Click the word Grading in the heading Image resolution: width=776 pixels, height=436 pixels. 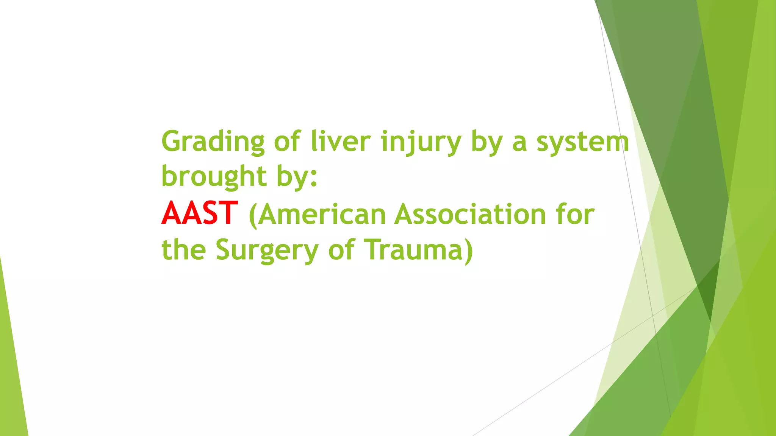click(213, 142)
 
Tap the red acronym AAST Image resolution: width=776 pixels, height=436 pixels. click(199, 213)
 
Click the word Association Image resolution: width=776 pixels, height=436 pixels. click(470, 214)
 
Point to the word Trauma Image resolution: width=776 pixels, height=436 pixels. click(413, 250)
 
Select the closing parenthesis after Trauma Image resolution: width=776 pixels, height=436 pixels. click(469, 251)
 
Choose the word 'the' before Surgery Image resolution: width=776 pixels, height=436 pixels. click(183, 250)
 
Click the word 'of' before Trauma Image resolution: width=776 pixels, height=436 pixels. click(341, 250)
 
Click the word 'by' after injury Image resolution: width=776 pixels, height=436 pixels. click(487, 142)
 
